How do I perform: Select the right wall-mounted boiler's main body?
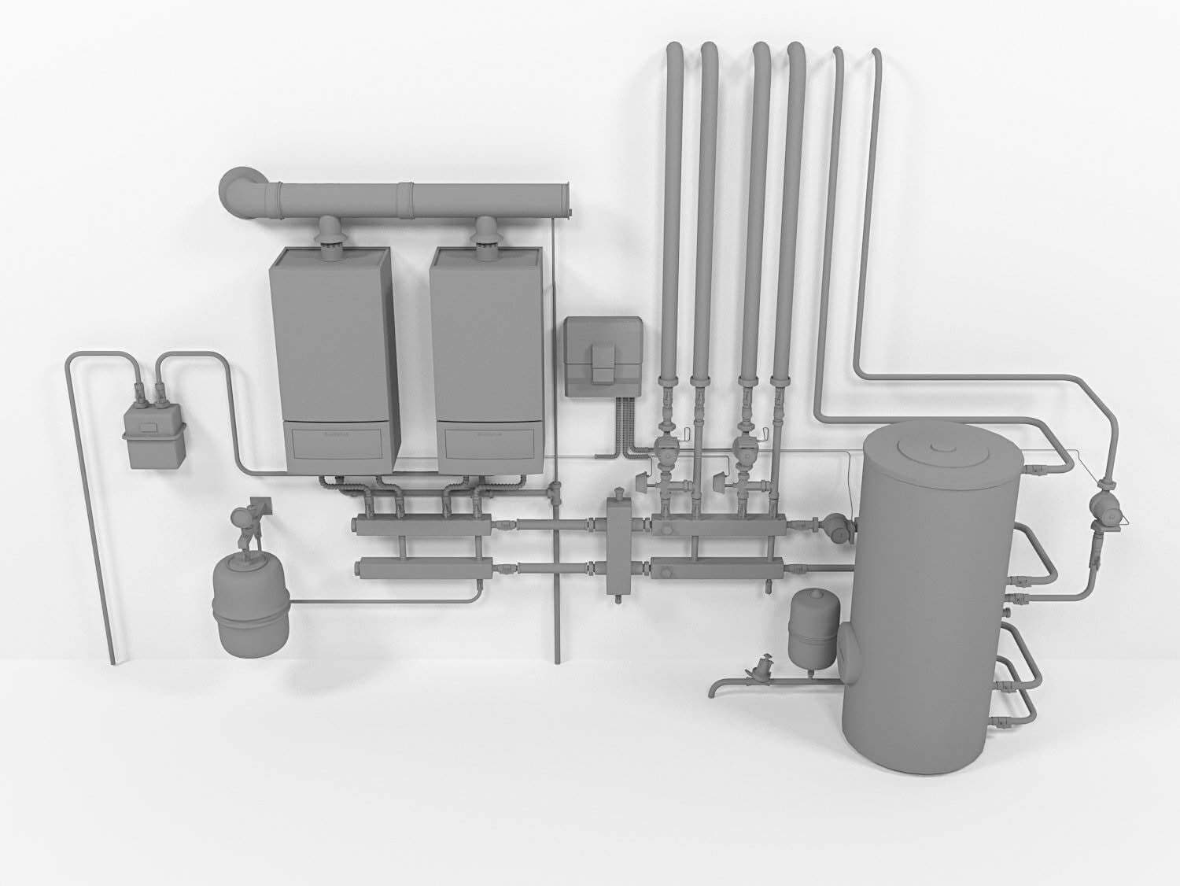point(486,338)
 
